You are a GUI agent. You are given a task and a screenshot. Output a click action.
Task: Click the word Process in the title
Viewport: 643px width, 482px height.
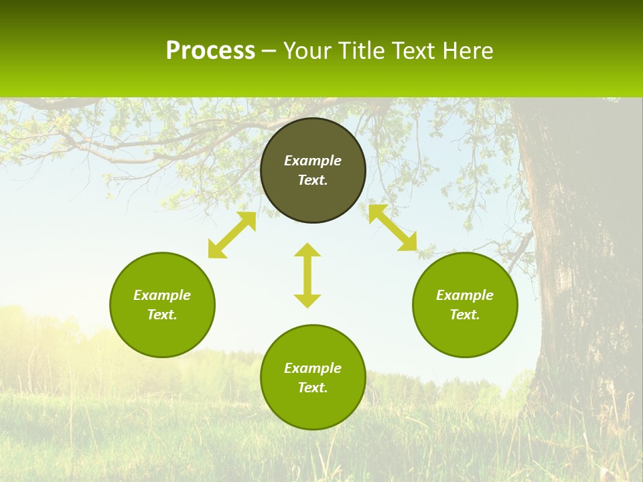tap(210, 51)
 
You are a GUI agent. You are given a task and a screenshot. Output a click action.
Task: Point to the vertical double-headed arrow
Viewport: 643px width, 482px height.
tap(307, 275)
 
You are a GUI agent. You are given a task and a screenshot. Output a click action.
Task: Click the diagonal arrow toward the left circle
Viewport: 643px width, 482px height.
tap(232, 235)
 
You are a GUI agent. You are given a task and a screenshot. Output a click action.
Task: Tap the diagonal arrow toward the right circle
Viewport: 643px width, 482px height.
tap(392, 228)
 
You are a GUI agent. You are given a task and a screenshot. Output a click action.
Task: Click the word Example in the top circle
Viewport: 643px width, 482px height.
tap(313, 161)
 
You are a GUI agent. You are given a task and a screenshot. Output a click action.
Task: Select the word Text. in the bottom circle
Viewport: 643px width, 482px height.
tap(313, 388)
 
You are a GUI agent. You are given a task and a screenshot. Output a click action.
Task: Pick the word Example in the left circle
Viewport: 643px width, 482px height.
tap(162, 295)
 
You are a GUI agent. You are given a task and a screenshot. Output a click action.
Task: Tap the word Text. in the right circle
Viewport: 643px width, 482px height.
tap(465, 315)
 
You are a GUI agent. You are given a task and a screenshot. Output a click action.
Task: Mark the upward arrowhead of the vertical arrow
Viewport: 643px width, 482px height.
tap(307, 250)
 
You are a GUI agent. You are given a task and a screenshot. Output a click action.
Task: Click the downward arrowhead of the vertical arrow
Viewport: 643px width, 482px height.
tap(307, 301)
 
